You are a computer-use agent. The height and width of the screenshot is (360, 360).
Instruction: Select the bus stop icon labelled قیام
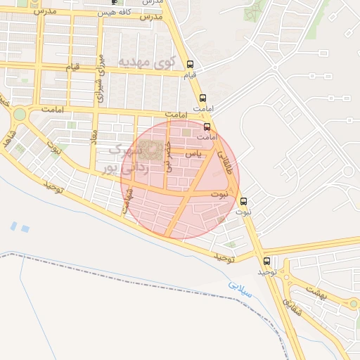click(190, 64)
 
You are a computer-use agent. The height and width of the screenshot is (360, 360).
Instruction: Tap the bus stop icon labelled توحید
click(266, 261)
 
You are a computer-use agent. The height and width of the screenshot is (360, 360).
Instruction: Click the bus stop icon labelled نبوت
click(244, 201)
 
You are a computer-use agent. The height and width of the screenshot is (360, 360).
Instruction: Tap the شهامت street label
click(129, 205)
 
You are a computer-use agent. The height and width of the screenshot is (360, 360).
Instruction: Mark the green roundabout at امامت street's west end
click(19, 114)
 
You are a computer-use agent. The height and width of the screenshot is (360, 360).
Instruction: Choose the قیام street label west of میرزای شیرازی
click(72, 67)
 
